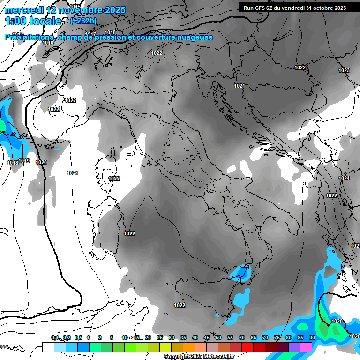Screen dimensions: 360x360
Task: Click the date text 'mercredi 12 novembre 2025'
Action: [65, 10]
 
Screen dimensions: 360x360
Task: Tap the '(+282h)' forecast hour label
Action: [84, 21]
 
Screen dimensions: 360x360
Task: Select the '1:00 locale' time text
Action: [33, 21]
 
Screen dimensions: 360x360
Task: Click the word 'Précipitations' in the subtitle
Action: [29, 37]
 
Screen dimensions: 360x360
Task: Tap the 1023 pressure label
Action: [344, 70]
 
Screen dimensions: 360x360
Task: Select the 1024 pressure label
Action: [344, 178]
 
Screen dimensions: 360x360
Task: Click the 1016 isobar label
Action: [48, 43]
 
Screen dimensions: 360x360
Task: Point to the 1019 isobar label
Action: [24, 161]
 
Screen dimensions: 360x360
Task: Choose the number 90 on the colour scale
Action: [312, 337]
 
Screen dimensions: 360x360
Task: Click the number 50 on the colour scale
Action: [218, 337]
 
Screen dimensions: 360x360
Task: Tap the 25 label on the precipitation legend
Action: [159, 337]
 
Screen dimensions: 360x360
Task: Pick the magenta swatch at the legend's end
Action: [306, 347]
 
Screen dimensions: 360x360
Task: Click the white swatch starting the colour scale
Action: [48, 347]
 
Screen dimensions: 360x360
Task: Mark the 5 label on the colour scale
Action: [112, 337]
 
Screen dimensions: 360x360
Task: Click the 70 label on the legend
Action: [265, 337]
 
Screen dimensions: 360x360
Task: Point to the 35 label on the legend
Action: [183, 337]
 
